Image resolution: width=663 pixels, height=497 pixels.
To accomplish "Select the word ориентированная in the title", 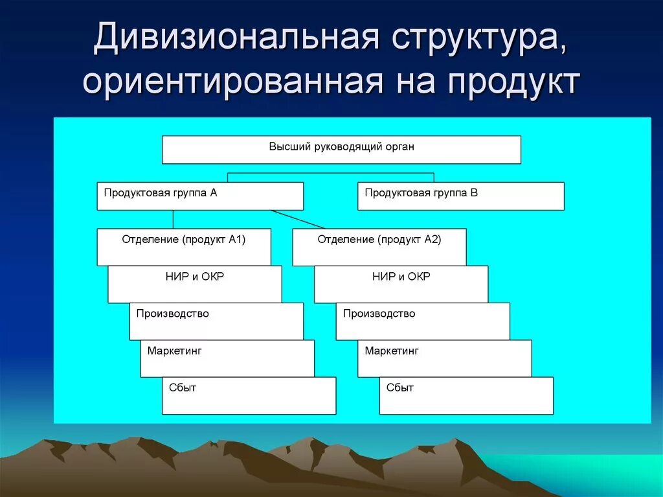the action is [231, 82].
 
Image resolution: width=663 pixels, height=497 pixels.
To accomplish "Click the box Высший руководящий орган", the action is [341, 149].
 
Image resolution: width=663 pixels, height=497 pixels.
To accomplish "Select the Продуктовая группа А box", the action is [200, 196].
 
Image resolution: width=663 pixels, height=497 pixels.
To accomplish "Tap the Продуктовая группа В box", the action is [460, 196].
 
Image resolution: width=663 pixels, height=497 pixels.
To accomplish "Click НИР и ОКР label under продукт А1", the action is [195, 277].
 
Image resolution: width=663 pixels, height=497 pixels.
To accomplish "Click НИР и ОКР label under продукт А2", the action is [401, 277].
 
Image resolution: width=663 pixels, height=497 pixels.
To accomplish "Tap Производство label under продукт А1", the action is [172, 314].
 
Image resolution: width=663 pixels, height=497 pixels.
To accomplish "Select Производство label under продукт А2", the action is [379, 314].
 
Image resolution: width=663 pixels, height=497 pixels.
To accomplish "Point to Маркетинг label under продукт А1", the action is [175, 351].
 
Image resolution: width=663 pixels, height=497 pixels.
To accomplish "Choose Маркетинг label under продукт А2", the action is [392, 351].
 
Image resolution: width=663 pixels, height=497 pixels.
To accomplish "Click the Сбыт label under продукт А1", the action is [183, 388].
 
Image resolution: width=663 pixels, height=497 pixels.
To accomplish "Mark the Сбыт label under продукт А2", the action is [400, 388].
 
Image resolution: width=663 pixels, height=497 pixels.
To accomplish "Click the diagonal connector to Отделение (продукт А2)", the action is [298, 219].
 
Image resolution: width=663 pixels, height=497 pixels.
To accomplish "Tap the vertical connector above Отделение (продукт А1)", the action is [173, 219].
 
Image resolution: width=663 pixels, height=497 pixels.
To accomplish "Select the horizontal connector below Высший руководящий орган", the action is [330, 173].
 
